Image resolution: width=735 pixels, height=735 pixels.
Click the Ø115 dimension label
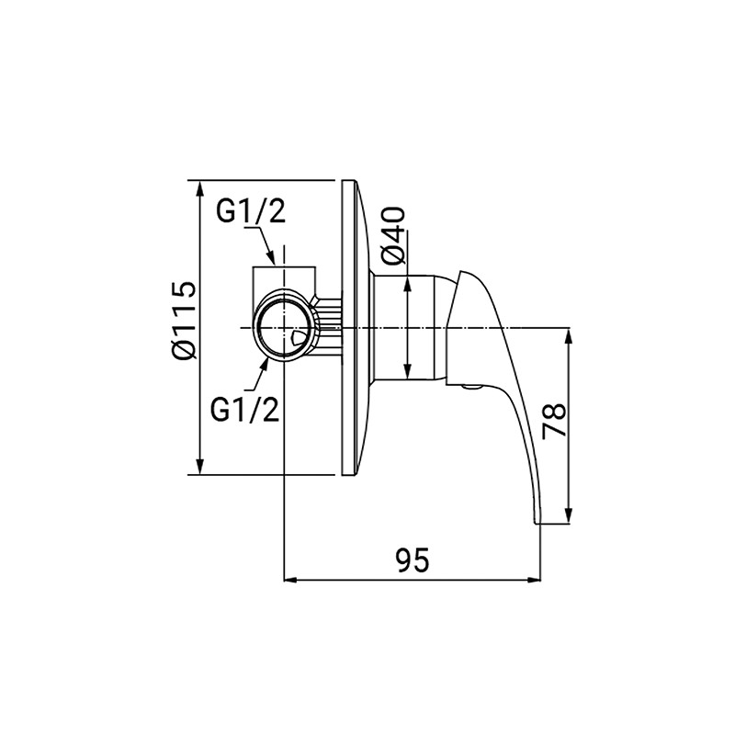click(183, 321)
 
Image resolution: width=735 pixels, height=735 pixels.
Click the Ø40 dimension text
click(393, 236)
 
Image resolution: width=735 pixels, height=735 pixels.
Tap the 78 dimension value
click(555, 421)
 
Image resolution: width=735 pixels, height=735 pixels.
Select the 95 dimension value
click(412, 560)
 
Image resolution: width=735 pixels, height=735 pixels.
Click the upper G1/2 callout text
click(251, 211)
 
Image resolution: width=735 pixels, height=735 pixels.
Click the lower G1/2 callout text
click(245, 410)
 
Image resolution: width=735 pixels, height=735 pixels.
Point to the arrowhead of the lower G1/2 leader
click(265, 364)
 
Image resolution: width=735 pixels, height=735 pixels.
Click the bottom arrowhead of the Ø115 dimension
click(200, 467)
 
